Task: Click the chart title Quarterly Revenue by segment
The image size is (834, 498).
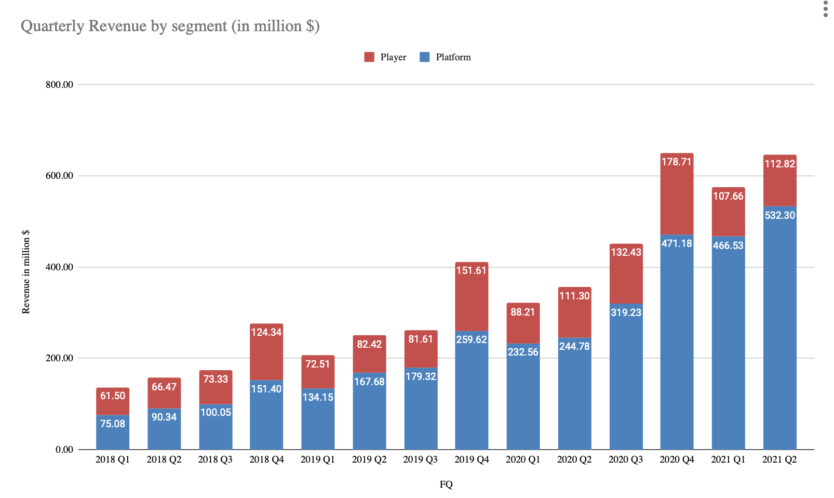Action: (x=170, y=26)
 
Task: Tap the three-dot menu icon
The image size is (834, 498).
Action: (x=826, y=9)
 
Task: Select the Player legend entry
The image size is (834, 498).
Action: (x=385, y=57)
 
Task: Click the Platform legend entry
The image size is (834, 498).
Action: (x=446, y=57)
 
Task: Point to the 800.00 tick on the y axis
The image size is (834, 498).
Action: (x=59, y=85)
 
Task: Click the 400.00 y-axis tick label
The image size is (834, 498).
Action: (x=59, y=267)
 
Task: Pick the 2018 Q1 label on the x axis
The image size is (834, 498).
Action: (x=113, y=460)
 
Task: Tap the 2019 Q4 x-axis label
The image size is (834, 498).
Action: (x=472, y=460)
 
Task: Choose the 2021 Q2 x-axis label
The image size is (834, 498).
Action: (x=779, y=460)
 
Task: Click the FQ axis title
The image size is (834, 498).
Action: (x=446, y=484)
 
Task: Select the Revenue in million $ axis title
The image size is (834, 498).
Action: (x=26, y=272)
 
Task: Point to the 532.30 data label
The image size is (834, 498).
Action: (x=779, y=215)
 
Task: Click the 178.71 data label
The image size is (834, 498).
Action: (x=677, y=162)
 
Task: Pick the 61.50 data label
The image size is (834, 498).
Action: (x=113, y=396)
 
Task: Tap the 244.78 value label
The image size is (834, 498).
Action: (x=574, y=346)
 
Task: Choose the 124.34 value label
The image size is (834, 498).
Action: (x=266, y=332)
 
